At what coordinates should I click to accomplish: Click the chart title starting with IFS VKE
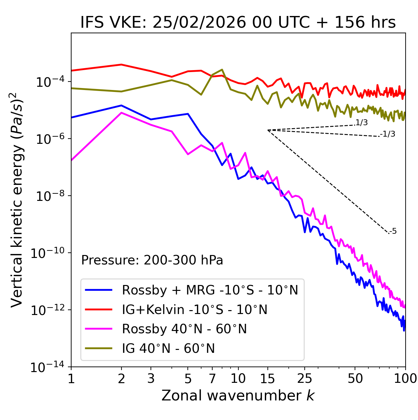(238, 22)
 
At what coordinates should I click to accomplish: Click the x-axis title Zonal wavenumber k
(238, 396)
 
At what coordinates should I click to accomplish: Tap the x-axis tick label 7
(212, 379)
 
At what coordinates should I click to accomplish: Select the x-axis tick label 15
(267, 379)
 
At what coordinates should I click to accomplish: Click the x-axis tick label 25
(304, 379)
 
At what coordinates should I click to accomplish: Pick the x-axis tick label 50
(355, 379)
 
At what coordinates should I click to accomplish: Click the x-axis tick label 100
(405, 379)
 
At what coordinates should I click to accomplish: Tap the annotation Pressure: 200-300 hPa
(152, 260)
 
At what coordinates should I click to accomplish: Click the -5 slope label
(393, 231)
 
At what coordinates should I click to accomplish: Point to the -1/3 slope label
(388, 134)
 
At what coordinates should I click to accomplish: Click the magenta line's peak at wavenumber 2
(121, 113)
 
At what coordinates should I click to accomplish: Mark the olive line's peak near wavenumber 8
(222, 69)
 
